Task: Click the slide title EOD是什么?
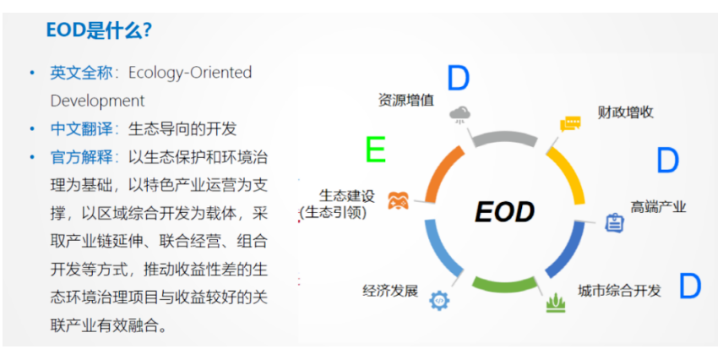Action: pos(99,31)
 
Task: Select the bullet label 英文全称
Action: pos(81,73)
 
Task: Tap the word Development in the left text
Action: pos(97,101)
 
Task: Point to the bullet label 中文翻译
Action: pos(81,129)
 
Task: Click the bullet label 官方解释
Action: pos(81,158)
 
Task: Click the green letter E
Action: pos(375,150)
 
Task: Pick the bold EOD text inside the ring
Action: pos(505,211)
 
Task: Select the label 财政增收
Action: pos(626,112)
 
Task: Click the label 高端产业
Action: pos(658,207)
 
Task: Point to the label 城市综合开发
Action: pos(620,291)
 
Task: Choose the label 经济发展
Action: pos(390,292)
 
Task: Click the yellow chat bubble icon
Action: pos(571,123)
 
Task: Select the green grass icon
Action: pos(555,302)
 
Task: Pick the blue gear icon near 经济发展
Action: pos(439,300)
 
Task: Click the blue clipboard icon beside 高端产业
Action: pos(614,222)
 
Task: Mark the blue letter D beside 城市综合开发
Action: pos(690,286)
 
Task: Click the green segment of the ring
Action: pos(505,285)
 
